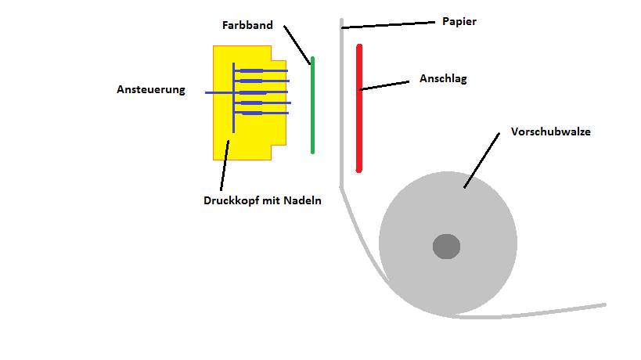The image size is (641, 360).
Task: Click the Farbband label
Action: (247, 25)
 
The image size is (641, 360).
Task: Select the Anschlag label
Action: (443, 79)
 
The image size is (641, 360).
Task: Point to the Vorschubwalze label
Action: (550, 131)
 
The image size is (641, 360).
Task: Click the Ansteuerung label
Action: (151, 89)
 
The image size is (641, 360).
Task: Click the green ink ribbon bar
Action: (312, 105)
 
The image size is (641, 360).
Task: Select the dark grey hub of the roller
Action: (446, 247)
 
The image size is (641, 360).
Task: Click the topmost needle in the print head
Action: (261, 72)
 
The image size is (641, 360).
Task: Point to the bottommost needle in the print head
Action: (261, 113)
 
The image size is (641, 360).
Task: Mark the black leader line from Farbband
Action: (297, 44)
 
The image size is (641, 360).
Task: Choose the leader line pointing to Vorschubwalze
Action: (481, 160)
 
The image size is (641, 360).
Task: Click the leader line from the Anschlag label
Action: (385, 85)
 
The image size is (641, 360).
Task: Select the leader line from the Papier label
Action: (387, 25)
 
